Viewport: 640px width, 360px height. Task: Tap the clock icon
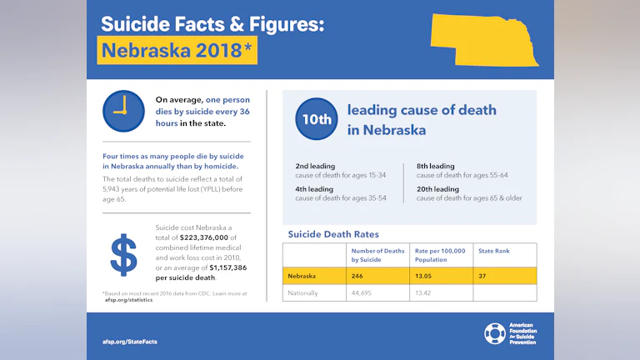coord(123,111)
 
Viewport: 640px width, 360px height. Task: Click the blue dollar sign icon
coord(123,255)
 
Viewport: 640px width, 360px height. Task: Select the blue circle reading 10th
coord(317,120)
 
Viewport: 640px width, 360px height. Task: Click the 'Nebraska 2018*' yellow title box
coord(177,50)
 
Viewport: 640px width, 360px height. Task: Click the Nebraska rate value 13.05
coord(426,276)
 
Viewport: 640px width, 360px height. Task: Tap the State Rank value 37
coord(483,276)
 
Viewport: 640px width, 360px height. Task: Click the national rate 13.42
coord(426,292)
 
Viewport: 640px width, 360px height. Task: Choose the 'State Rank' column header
coord(493,251)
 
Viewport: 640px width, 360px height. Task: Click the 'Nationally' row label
coord(303,292)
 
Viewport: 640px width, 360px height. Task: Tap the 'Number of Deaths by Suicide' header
coord(377,255)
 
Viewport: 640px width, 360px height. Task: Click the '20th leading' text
coord(437,189)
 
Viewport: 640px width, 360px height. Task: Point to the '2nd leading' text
coord(315,167)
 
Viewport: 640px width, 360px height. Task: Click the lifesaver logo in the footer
coord(495,333)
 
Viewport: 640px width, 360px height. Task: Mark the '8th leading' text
coord(436,167)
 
